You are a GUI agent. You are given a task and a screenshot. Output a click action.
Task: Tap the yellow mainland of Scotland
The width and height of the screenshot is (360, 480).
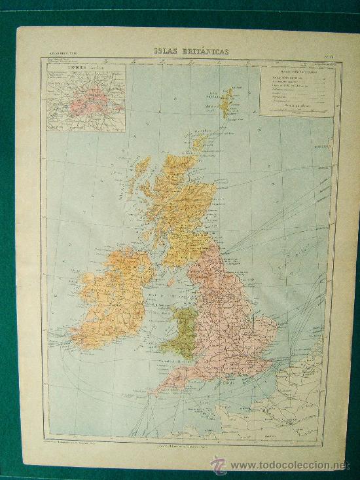click(177, 203)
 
